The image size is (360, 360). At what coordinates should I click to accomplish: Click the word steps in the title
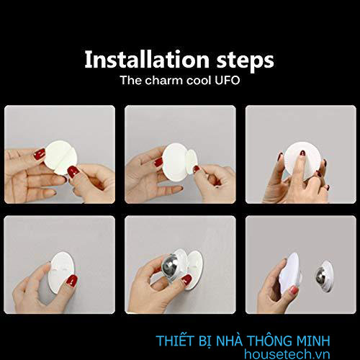(x=243, y=59)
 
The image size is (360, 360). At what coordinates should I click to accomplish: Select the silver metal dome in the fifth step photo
(x=171, y=266)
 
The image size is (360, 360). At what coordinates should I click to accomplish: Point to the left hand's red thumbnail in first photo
(x=40, y=154)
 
